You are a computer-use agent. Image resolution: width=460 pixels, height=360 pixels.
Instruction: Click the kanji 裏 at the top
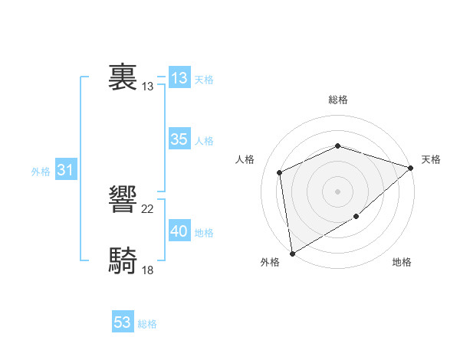[123, 78]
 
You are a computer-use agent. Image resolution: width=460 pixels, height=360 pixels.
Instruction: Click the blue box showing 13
[179, 78]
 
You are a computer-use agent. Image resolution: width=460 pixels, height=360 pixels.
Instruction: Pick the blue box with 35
[179, 139]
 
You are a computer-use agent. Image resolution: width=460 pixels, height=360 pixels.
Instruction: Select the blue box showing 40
[179, 231]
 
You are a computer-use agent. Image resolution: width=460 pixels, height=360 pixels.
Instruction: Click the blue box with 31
[65, 170]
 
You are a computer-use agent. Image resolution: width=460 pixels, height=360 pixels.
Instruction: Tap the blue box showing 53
[122, 322]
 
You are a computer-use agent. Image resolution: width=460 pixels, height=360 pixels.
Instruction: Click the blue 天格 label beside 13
[204, 80]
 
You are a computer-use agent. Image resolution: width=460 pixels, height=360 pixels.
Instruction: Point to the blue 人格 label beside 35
[204, 141]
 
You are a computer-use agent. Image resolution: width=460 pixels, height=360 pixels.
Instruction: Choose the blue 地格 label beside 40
[204, 233]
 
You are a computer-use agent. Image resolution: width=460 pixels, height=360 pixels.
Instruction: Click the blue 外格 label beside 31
[41, 172]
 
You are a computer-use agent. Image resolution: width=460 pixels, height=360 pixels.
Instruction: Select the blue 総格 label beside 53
[147, 324]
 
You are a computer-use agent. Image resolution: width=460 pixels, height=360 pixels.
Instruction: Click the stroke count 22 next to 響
[148, 209]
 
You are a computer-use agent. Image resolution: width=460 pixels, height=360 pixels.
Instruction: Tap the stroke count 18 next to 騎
[148, 270]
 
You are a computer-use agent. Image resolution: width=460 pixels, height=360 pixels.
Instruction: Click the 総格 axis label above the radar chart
[337, 100]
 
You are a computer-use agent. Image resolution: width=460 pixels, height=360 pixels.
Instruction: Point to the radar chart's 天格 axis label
[431, 159]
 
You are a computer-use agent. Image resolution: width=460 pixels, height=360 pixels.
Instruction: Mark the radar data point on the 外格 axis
[292, 254]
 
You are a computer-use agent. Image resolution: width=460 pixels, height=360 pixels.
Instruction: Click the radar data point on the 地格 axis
[356, 217]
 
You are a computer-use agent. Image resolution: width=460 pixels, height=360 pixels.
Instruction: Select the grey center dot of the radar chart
[337, 191]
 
